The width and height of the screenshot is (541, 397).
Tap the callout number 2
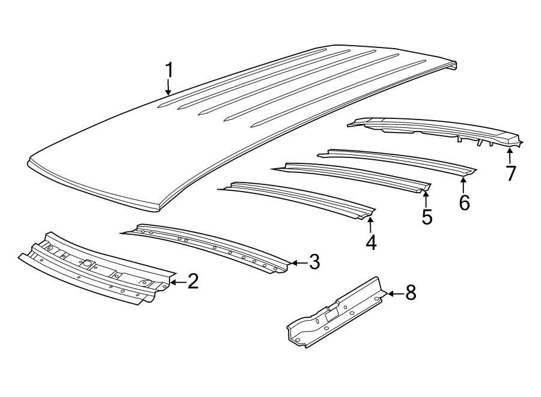[192, 281]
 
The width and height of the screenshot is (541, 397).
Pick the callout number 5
[426, 216]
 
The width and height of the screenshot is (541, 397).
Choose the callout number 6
[464, 202]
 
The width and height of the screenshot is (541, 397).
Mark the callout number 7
[510, 173]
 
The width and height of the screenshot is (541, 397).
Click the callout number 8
[410, 293]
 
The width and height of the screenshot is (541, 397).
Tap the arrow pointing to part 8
[394, 294]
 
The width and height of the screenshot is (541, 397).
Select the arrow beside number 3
[296, 262]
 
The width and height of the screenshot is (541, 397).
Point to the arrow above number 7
[510, 155]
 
